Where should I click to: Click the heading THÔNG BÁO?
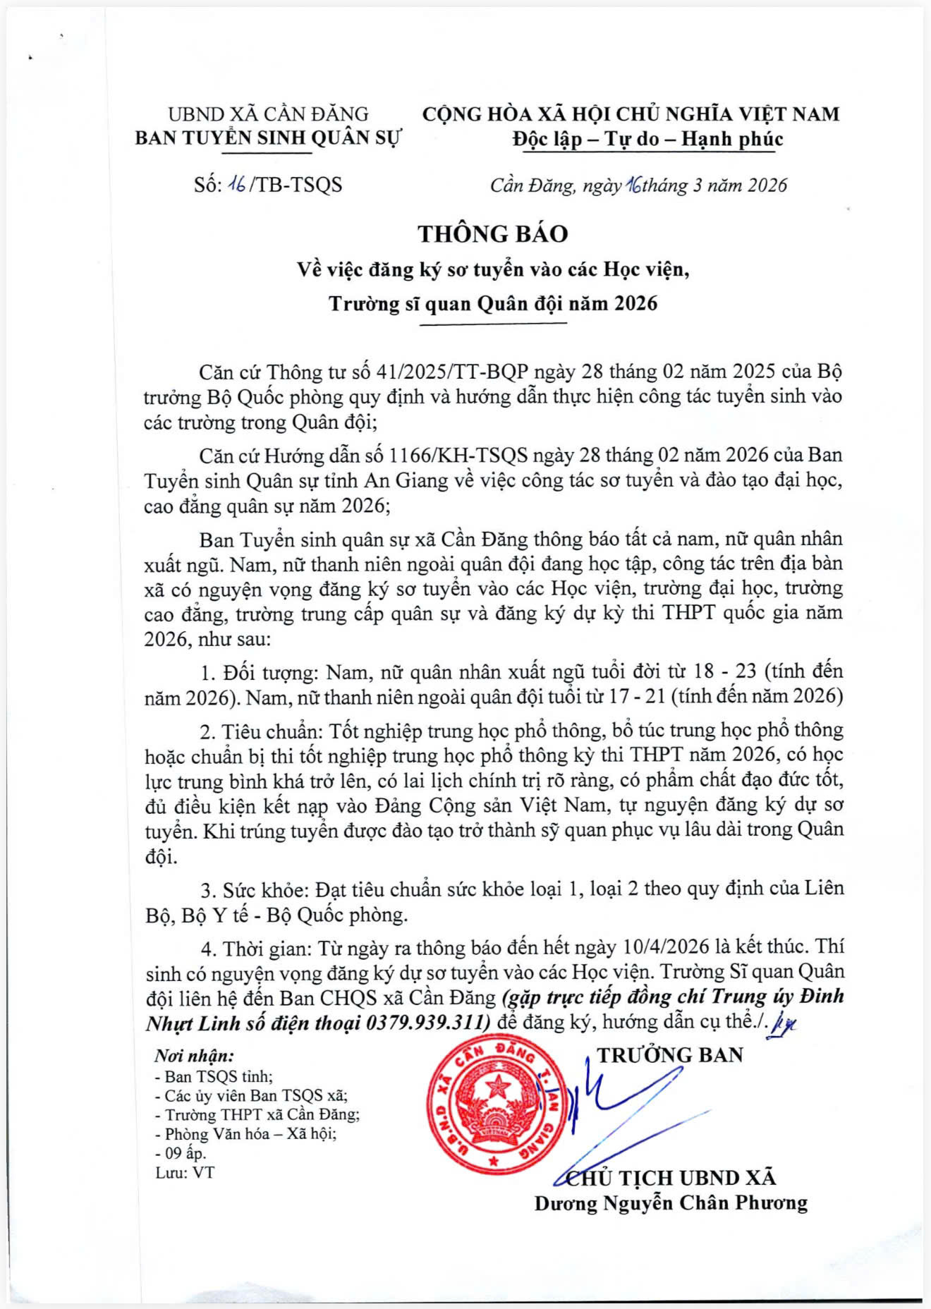tap(492, 234)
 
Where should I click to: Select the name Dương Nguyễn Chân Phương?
tap(671, 1203)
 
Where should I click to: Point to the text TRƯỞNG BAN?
tap(670, 1055)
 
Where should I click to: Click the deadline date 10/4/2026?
tap(666, 947)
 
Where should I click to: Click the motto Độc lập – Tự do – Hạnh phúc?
tap(647, 139)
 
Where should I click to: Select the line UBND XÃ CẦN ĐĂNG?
tap(268, 114)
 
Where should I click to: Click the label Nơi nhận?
tap(194, 1056)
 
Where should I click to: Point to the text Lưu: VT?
tap(185, 1173)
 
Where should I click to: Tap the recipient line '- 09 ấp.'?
tap(181, 1154)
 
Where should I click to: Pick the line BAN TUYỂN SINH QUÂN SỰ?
tap(268, 138)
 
